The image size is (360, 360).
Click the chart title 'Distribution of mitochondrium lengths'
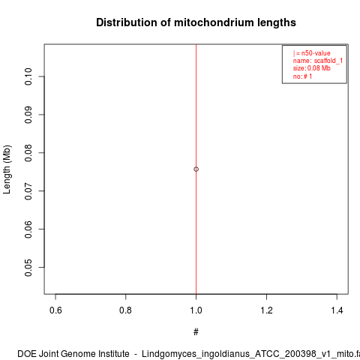point(196,22)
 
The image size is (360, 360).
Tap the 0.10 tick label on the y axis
point(28,76)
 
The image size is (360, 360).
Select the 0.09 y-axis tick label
point(28,115)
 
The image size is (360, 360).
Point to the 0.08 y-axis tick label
point(28,153)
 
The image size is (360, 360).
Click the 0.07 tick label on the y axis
point(28,191)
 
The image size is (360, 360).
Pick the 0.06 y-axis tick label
point(28,229)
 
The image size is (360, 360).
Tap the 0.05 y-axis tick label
point(28,268)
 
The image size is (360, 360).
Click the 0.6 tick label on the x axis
point(55,310)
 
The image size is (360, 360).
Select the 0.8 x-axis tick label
point(125,310)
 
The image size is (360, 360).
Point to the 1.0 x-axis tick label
point(196,310)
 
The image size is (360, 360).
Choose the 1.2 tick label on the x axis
point(266,310)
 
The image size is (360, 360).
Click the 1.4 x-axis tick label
point(337,310)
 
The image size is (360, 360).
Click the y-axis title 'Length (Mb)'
point(7,169)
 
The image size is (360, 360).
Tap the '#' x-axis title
point(196,332)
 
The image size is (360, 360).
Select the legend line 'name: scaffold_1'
point(318,61)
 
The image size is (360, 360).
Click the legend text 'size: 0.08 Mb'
point(312,68)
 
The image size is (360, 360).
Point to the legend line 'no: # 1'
point(302,76)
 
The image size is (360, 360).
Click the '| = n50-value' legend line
point(312,53)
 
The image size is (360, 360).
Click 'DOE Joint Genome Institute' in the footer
point(73,354)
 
